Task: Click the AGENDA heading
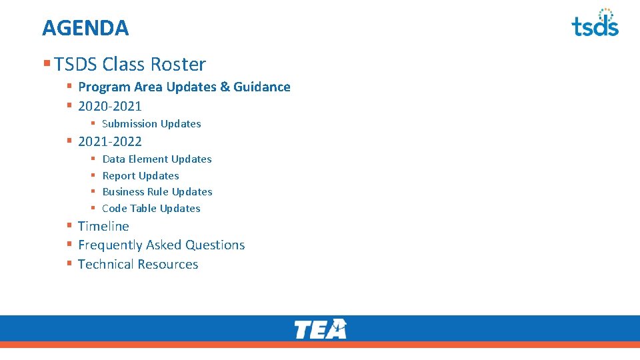coord(85,28)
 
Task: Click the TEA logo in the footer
coord(320,329)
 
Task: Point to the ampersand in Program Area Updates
coord(225,87)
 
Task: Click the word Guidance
coord(262,87)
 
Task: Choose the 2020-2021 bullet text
coord(110,106)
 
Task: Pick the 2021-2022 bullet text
coord(110,141)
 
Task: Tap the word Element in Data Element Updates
coord(149,159)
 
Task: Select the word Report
coord(119,176)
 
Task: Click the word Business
coord(125,192)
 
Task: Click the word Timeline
coord(103,227)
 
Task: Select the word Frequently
coord(110,245)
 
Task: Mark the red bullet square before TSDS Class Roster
coord(47,64)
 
